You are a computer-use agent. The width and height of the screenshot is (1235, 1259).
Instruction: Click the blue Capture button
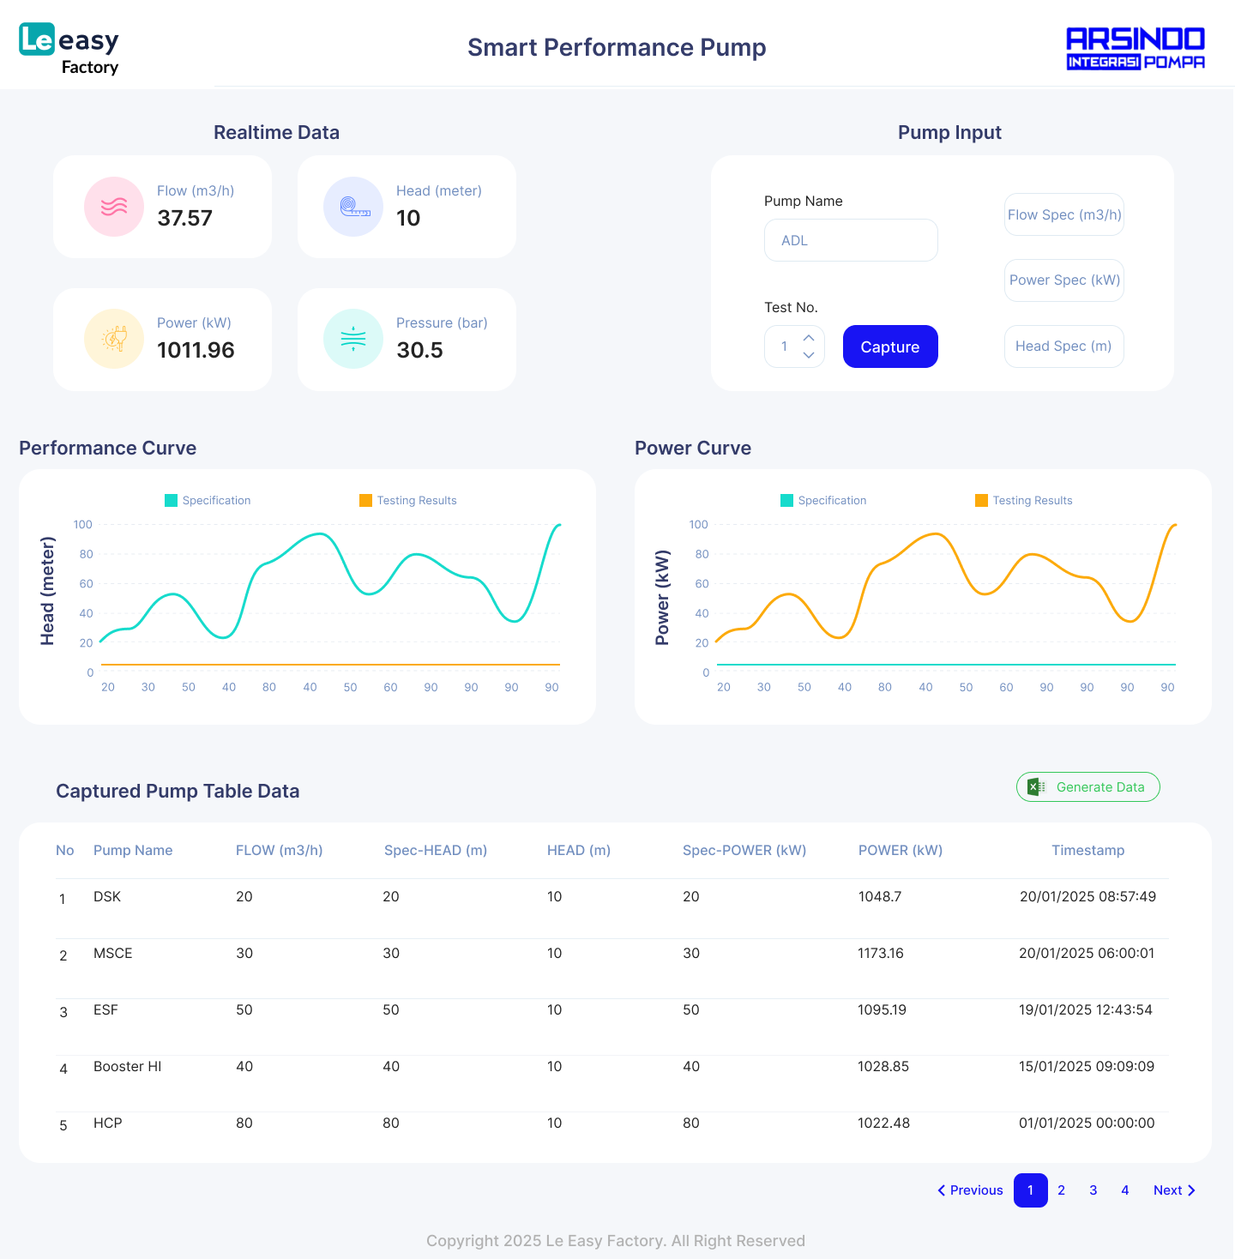(x=890, y=346)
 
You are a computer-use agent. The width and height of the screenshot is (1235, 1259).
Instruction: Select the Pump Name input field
(x=851, y=240)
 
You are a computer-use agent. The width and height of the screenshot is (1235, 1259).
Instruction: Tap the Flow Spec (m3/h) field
(x=1063, y=214)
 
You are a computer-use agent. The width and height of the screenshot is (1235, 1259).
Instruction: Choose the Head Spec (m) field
(x=1063, y=346)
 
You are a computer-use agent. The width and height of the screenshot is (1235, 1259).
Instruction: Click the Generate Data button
(x=1087, y=787)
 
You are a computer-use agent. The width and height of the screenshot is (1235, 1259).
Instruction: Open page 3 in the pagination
(x=1093, y=1190)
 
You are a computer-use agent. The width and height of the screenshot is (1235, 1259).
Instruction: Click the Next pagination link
(x=1173, y=1190)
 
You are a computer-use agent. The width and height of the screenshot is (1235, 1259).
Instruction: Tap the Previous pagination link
(x=970, y=1190)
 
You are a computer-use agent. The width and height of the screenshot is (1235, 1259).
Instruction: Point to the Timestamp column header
(x=1087, y=850)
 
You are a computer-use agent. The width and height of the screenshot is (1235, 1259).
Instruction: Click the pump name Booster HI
(x=127, y=1066)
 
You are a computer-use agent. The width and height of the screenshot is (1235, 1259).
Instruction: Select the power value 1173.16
(x=881, y=953)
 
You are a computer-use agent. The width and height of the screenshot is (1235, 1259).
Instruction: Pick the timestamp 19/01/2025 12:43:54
(x=1085, y=1009)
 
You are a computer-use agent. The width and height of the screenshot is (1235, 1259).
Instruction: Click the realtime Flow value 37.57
(x=184, y=218)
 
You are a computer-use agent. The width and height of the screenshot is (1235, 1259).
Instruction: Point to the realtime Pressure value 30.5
(x=419, y=350)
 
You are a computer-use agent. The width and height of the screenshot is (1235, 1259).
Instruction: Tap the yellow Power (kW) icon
(x=114, y=339)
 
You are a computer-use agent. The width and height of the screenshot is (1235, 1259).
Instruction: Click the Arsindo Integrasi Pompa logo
(x=1135, y=48)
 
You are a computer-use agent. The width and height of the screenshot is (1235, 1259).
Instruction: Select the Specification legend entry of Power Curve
(x=823, y=501)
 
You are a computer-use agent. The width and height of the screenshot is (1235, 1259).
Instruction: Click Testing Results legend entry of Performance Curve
(x=408, y=501)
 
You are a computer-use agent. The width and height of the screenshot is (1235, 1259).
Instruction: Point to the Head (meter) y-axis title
(x=48, y=591)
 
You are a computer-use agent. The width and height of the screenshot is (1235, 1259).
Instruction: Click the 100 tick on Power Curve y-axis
(x=699, y=525)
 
